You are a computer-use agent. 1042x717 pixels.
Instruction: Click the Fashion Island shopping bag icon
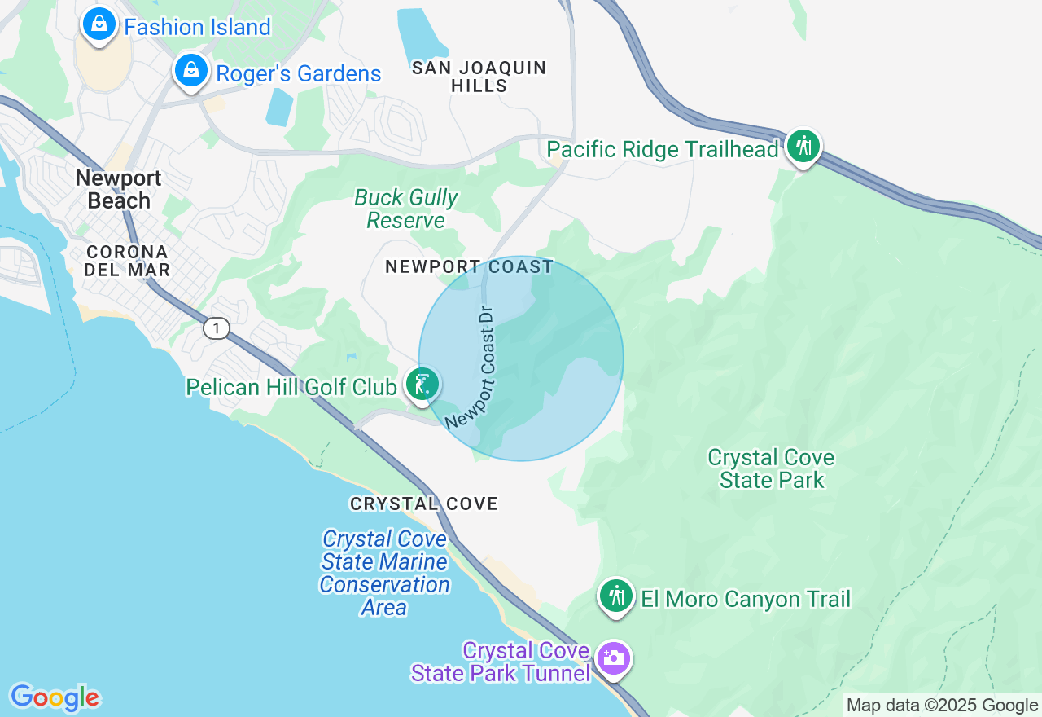(x=99, y=24)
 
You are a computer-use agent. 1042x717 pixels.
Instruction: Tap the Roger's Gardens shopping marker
(x=191, y=72)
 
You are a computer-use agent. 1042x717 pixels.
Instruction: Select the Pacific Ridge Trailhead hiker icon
(x=803, y=147)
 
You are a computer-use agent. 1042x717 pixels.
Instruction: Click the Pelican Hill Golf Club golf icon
(x=422, y=384)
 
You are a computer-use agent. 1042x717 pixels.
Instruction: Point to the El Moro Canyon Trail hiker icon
(x=616, y=596)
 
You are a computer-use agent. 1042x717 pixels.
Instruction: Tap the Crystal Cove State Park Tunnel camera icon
(x=613, y=658)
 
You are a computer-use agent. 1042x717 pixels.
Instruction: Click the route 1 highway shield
(x=216, y=328)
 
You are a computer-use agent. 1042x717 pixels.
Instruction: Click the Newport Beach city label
(x=119, y=189)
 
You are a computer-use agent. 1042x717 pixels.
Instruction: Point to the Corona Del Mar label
(x=127, y=261)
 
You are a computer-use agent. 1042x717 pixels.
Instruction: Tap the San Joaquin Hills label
(x=479, y=77)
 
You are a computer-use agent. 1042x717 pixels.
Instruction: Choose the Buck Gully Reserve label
(x=406, y=209)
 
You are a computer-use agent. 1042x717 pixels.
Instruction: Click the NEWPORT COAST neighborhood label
(x=469, y=266)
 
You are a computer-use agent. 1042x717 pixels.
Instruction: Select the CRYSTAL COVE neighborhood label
(x=423, y=504)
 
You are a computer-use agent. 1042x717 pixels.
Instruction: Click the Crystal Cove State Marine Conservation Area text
(x=383, y=573)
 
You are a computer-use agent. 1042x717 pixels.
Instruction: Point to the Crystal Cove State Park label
(x=771, y=468)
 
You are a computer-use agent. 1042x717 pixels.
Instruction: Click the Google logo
(x=55, y=697)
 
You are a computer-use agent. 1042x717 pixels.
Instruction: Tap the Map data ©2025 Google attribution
(x=942, y=706)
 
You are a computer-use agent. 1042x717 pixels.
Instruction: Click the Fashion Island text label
(x=197, y=27)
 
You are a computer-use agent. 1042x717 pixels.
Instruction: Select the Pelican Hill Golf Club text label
(x=291, y=386)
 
